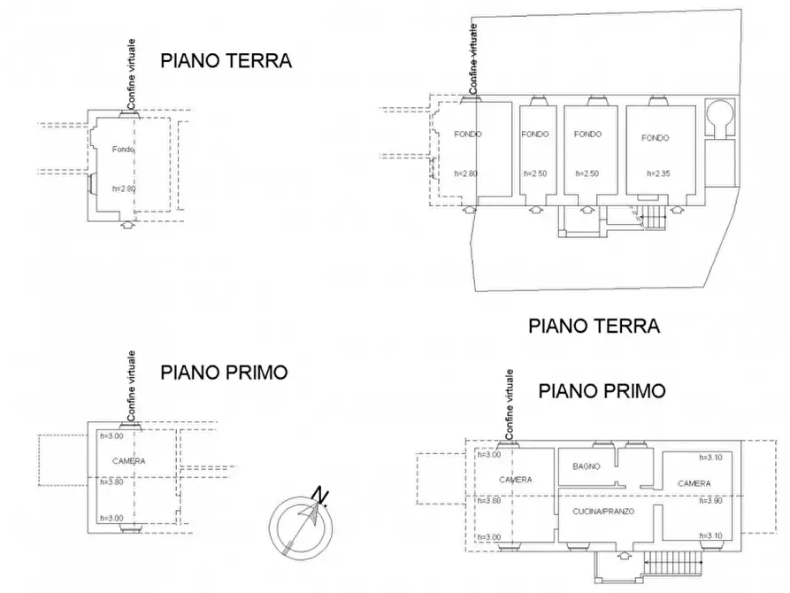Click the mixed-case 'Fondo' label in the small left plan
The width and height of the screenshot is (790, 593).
click(x=123, y=150)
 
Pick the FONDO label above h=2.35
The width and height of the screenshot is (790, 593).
click(x=656, y=138)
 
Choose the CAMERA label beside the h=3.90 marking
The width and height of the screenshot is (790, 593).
click(x=694, y=483)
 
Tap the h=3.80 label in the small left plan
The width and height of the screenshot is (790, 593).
click(x=111, y=482)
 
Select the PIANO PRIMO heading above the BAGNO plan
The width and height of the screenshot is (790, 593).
click(x=602, y=390)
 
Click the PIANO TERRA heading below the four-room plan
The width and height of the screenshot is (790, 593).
click(x=594, y=326)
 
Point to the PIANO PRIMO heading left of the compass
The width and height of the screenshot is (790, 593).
click(x=224, y=373)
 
